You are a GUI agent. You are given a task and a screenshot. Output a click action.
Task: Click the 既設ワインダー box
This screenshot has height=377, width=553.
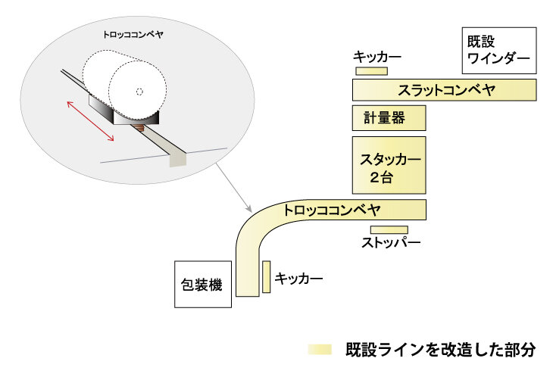(498, 49)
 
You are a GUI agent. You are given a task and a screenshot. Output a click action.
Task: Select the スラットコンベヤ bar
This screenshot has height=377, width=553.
(445, 90)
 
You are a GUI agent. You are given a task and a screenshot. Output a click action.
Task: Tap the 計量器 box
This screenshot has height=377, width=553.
(389, 118)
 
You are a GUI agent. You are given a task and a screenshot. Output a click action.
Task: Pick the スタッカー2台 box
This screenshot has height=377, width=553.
(389, 166)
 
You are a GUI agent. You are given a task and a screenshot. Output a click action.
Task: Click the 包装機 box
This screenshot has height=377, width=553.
(202, 285)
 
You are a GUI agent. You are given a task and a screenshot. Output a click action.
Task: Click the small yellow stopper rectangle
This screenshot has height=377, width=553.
(389, 229)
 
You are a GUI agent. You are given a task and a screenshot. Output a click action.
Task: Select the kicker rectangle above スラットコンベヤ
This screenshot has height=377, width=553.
(371, 71)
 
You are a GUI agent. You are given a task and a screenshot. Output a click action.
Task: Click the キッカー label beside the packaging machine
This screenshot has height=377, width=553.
(299, 279)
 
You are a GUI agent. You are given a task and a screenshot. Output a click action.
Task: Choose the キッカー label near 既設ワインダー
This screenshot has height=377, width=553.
(376, 58)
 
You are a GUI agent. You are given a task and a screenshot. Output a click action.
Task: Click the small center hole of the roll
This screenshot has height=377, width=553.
(139, 92)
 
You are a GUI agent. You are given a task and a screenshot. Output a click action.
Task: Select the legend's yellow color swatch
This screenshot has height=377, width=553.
(320, 350)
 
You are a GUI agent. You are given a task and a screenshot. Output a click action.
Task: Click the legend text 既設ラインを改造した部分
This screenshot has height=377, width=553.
(440, 350)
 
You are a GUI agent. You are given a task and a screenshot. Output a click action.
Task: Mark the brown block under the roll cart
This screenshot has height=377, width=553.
(140, 128)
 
